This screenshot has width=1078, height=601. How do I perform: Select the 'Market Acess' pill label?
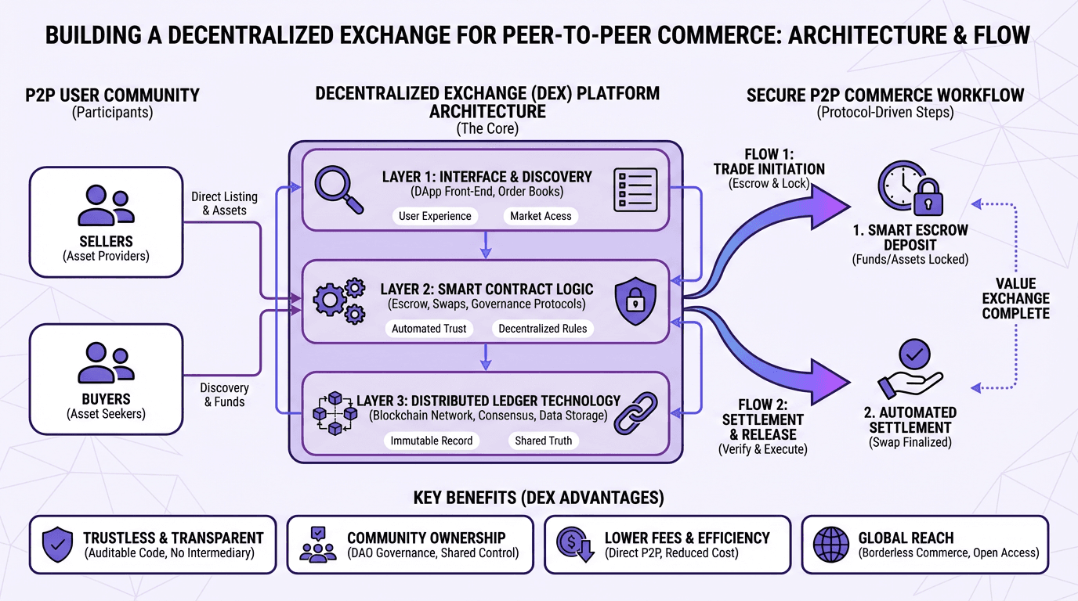pos(541,216)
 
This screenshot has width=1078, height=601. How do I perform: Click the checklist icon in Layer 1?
pos(635,190)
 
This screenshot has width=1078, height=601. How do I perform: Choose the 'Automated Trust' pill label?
pos(429,329)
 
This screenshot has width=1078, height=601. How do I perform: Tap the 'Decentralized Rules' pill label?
pos(542,329)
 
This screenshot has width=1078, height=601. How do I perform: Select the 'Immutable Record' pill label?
pos(432,441)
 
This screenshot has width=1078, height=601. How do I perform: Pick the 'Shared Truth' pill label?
pos(543,441)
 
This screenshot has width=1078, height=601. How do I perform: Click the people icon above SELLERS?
pos(106,206)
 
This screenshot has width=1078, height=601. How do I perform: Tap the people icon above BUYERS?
pos(106,363)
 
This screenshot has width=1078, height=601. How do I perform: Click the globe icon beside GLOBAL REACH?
pos(831,544)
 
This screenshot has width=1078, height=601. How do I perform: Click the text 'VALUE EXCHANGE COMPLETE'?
pos(1015,298)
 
